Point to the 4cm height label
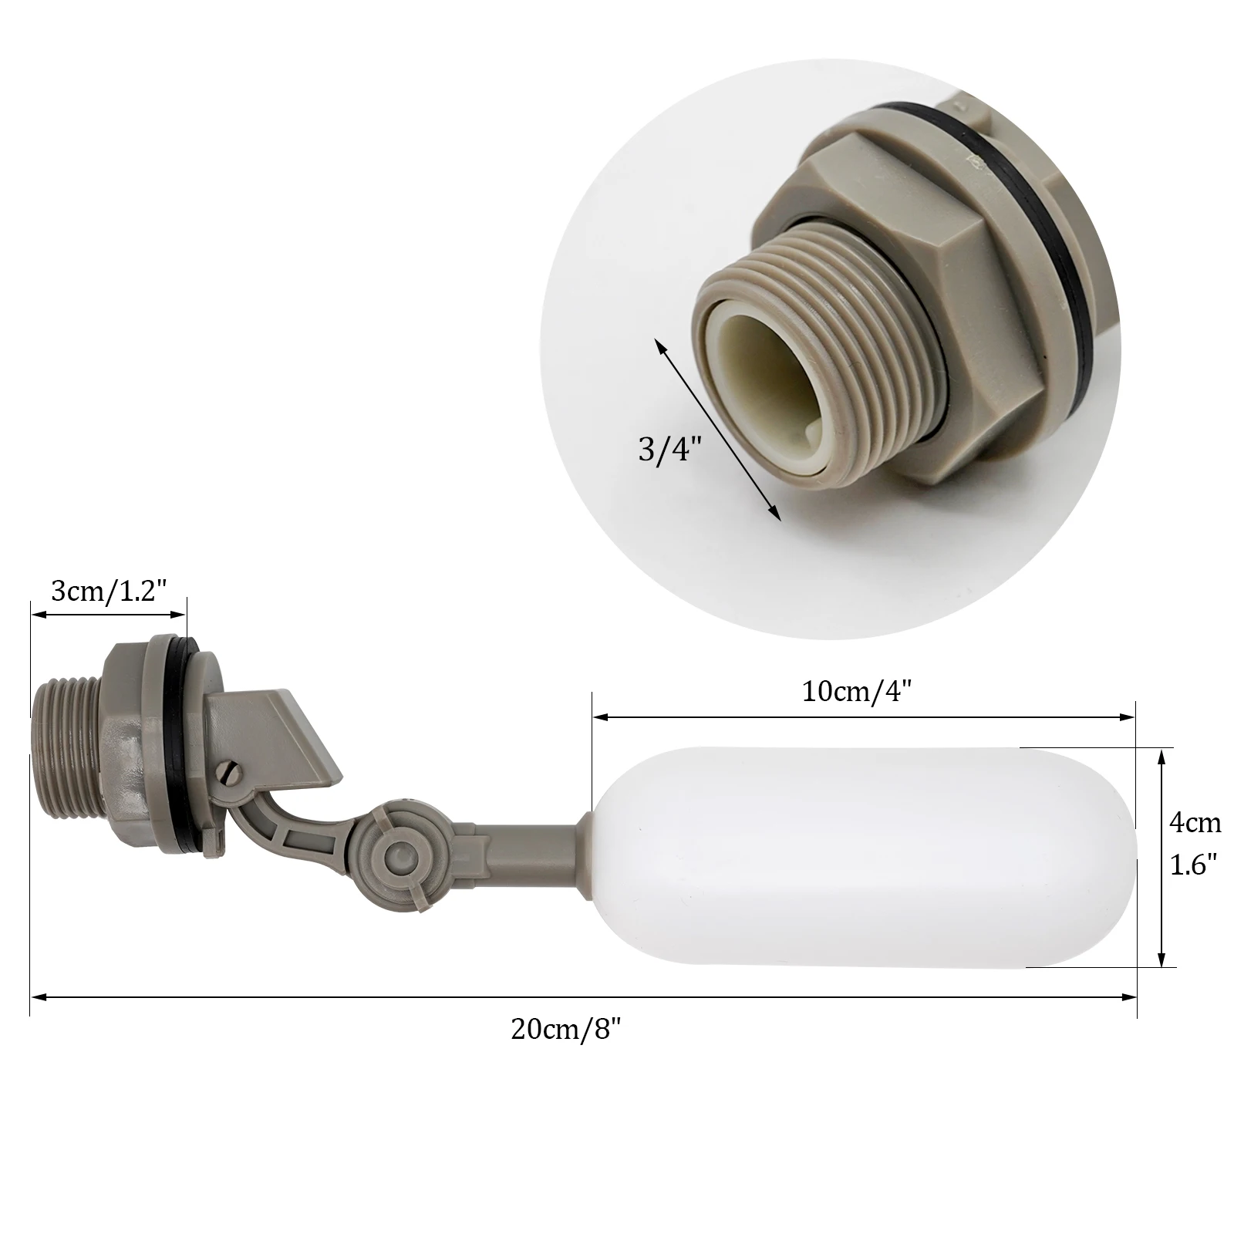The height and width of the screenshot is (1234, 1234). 1195,823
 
